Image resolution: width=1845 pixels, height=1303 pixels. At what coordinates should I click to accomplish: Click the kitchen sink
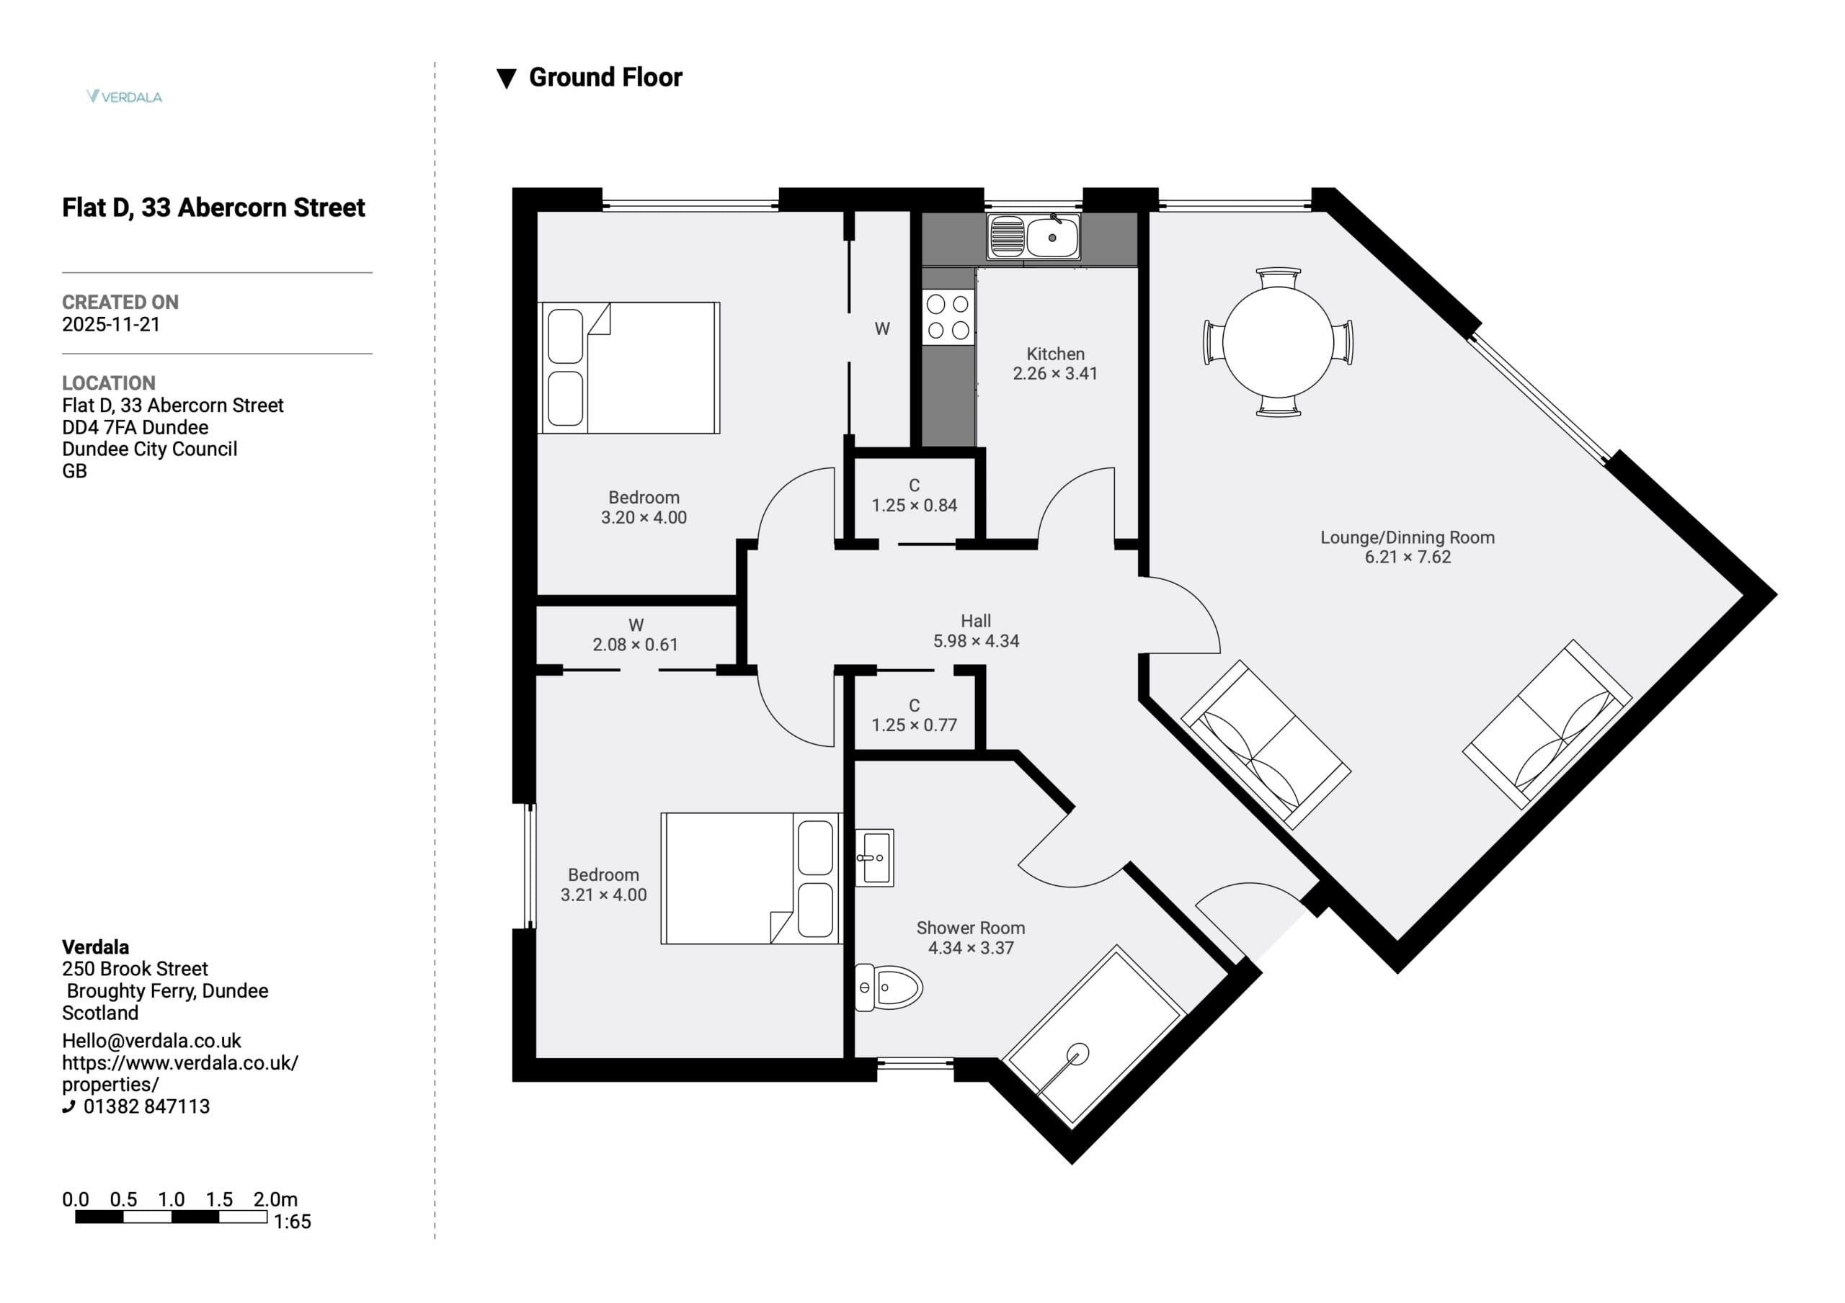[1033, 237]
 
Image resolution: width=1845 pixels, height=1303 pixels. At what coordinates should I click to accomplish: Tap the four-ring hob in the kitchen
[948, 318]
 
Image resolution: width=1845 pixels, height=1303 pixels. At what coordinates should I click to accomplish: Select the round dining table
[1278, 341]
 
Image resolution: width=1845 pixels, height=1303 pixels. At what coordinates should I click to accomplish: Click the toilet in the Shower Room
[888, 988]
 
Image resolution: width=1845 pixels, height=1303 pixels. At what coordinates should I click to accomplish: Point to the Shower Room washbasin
[874, 858]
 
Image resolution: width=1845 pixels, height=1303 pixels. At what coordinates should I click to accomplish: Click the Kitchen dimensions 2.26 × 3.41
[1055, 374]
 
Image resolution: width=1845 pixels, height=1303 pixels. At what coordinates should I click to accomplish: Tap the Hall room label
[976, 621]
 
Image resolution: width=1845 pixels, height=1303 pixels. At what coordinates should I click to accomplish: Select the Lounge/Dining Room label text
[1407, 537]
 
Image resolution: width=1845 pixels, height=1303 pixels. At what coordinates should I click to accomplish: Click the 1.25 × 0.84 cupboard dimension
[915, 506]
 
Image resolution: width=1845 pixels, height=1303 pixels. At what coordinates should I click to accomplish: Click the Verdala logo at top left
[125, 97]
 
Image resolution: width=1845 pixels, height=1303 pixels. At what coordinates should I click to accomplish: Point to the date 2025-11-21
[111, 325]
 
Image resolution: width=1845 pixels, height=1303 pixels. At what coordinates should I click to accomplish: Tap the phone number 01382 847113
[146, 1106]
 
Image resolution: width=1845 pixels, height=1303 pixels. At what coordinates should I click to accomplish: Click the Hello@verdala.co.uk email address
[151, 1041]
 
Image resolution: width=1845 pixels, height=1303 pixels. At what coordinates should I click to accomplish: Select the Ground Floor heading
[605, 77]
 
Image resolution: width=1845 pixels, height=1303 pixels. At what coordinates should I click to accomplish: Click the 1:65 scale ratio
[292, 1222]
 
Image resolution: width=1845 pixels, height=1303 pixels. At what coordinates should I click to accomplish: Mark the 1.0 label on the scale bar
[171, 1199]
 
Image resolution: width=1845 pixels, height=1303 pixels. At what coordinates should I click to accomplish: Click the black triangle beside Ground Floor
[506, 79]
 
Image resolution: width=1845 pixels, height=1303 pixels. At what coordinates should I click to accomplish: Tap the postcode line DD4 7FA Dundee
[135, 427]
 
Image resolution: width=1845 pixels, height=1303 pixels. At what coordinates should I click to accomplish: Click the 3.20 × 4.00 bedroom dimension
[644, 517]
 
